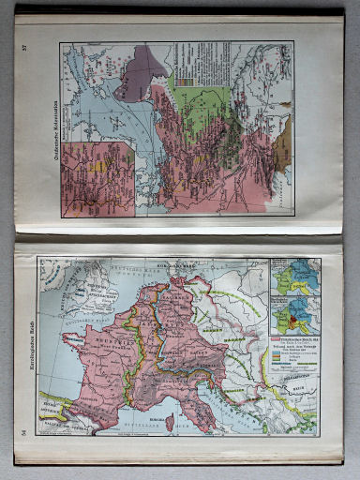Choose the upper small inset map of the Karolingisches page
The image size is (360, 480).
coord(292,278)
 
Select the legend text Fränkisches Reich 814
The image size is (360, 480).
coord(295,337)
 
